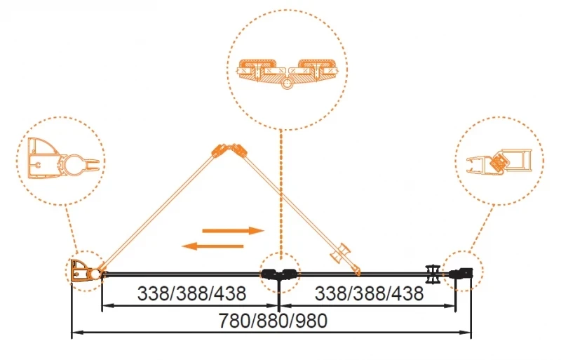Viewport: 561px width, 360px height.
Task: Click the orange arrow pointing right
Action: [x=234, y=231]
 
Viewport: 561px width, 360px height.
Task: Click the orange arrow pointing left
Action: [x=212, y=246]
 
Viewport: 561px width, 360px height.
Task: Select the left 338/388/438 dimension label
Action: [x=191, y=293]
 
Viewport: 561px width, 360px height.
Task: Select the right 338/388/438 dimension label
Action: [x=370, y=293]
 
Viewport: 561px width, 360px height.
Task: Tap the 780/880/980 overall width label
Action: [x=273, y=321]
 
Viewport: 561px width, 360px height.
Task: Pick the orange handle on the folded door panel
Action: [x=340, y=253]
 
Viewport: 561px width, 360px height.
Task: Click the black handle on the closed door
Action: [x=433, y=274]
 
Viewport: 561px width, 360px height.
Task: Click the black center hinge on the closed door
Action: [x=279, y=274]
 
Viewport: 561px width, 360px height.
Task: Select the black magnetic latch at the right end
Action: [x=461, y=273]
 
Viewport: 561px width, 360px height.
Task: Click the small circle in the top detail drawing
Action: [x=286, y=84]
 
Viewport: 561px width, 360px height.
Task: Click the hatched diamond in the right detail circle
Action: [x=498, y=163]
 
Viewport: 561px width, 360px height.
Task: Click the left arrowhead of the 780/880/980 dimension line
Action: [x=78, y=333]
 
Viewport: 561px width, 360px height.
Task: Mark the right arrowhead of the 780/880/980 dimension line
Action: [x=465, y=333]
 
